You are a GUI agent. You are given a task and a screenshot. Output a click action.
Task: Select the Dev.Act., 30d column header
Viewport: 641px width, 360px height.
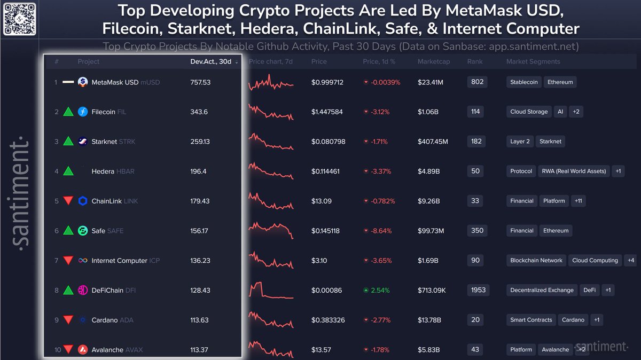coord(211,61)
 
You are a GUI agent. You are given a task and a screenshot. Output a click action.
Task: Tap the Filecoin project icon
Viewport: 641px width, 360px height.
coord(83,112)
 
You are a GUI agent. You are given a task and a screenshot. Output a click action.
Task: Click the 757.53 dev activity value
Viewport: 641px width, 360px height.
coord(200,82)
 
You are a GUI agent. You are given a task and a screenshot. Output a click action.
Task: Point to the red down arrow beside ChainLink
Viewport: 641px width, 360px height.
coord(68,201)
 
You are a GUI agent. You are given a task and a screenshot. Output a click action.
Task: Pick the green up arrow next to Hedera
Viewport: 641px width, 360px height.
coord(68,171)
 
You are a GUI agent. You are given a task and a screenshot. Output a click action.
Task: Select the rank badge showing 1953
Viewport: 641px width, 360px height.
coord(478,290)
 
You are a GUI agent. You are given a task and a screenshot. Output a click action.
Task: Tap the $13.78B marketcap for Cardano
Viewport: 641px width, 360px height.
coord(429,320)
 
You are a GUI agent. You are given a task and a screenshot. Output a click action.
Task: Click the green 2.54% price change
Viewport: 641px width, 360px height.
coord(379,291)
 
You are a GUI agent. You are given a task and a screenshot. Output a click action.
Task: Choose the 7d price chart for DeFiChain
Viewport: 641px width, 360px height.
coord(270,290)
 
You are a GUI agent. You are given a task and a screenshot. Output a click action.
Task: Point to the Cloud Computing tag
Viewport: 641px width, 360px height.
coord(595,261)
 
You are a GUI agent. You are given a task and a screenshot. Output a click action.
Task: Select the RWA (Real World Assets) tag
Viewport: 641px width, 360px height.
coord(574,171)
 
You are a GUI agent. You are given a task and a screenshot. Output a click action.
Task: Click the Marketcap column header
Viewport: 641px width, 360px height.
coord(434,61)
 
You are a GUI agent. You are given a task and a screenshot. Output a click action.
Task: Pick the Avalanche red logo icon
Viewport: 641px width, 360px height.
coord(83,350)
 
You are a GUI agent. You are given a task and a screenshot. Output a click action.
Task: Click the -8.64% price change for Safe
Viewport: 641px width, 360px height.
coord(380,231)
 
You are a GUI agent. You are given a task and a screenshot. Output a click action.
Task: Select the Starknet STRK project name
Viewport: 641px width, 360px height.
coord(113,142)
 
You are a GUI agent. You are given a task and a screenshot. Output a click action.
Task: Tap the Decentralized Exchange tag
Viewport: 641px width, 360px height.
coord(542,290)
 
